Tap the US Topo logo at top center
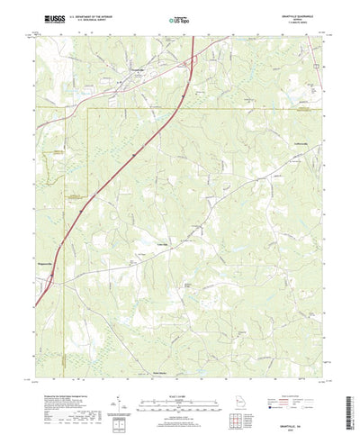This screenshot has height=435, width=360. click(x=180, y=18)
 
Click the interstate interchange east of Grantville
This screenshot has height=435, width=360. click(x=190, y=63)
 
